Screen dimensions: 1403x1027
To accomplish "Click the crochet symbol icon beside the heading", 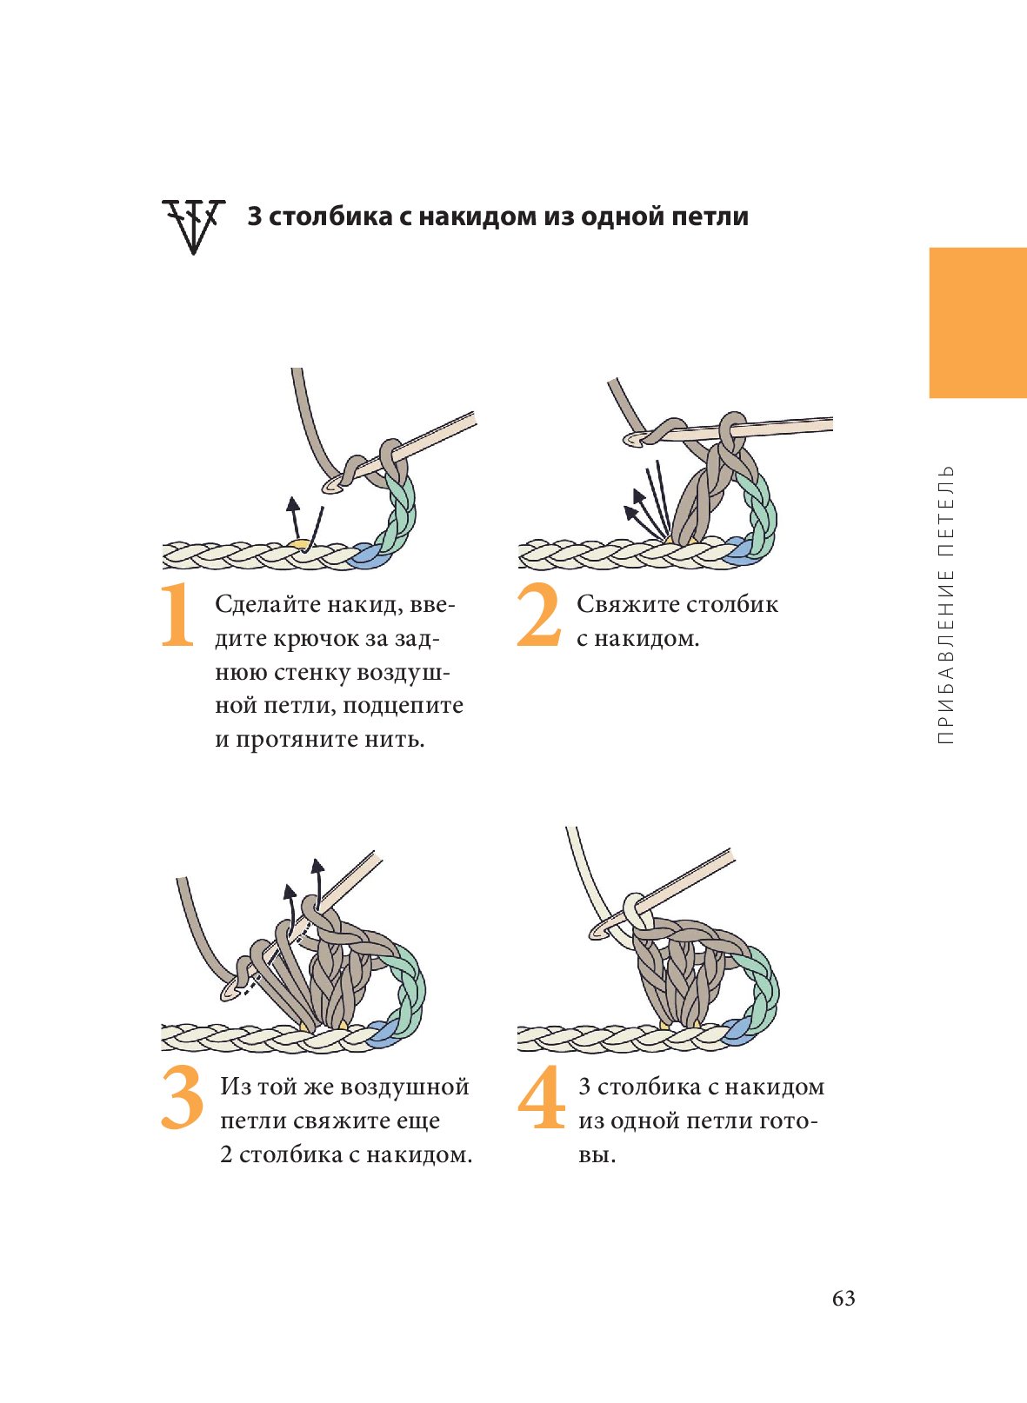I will (193, 225).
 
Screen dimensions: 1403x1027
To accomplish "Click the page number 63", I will (844, 1298).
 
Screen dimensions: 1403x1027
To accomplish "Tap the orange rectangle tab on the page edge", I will (977, 322).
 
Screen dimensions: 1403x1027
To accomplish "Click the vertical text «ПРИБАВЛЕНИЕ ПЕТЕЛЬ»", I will (947, 604).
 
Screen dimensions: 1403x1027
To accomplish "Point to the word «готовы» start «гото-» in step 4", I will (788, 1120).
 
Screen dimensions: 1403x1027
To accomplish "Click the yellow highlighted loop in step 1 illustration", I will (300, 545).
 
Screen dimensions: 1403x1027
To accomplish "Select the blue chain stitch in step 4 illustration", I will (737, 1031).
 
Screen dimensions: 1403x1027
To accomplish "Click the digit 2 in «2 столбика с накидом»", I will (226, 1154).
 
